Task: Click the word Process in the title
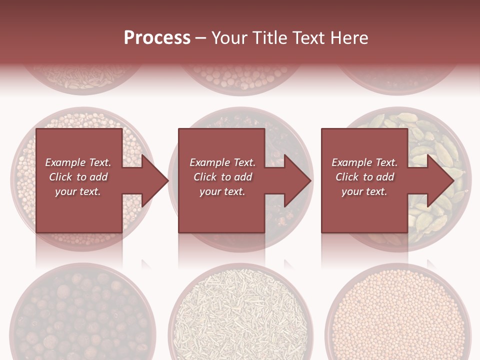157,38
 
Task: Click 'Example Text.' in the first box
78,162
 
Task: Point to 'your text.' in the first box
78,191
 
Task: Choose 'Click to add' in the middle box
222,177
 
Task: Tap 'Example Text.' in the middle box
222,162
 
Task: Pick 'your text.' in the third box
364,191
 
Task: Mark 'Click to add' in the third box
364,177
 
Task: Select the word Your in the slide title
229,38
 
